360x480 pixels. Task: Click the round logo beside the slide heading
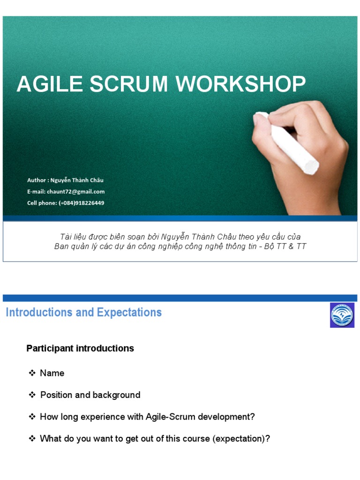[x=342, y=315]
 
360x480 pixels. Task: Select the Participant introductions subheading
[x=80, y=348]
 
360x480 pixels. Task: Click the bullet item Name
[x=52, y=373]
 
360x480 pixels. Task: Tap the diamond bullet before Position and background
[x=32, y=395]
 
